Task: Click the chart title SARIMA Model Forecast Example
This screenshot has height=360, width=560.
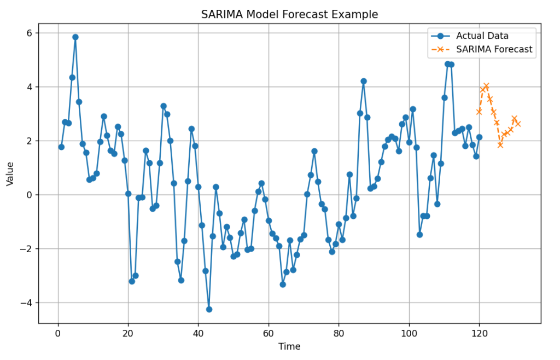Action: [289, 14]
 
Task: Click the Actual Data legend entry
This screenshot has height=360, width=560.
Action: [482, 36]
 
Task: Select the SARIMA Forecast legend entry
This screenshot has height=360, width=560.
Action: [494, 49]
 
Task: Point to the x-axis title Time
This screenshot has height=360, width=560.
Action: [289, 346]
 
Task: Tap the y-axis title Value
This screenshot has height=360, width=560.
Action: [10, 173]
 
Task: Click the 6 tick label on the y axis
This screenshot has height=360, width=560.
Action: [30, 33]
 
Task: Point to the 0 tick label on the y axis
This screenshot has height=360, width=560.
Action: [30, 195]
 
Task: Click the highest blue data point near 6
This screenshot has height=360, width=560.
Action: [75, 37]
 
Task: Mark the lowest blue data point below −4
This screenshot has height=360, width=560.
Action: [209, 309]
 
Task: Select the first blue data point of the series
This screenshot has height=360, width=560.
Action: [61, 147]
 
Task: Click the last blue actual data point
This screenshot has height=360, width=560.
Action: [479, 137]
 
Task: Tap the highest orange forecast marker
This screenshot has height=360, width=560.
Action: [486, 86]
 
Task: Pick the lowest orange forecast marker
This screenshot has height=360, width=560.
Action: [500, 145]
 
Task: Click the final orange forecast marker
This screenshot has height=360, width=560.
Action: [518, 124]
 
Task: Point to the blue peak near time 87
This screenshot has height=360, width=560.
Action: [363, 81]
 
